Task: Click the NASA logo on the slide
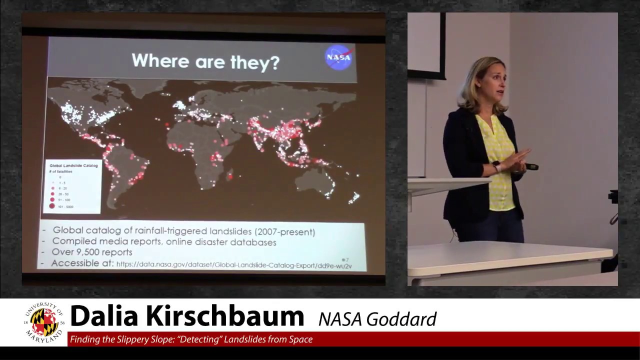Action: pyautogui.click(x=338, y=57)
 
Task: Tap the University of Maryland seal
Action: pyautogui.click(x=44, y=322)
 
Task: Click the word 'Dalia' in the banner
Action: pyautogui.click(x=104, y=316)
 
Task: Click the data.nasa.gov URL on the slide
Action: pyautogui.click(x=234, y=265)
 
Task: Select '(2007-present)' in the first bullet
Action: pyautogui.click(x=284, y=231)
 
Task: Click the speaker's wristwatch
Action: pyautogui.click(x=496, y=165)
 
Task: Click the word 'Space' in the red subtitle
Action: pyautogui.click(x=301, y=339)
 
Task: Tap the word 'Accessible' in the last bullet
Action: pyautogui.click(x=82, y=263)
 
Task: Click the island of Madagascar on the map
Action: pyautogui.click(x=230, y=175)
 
